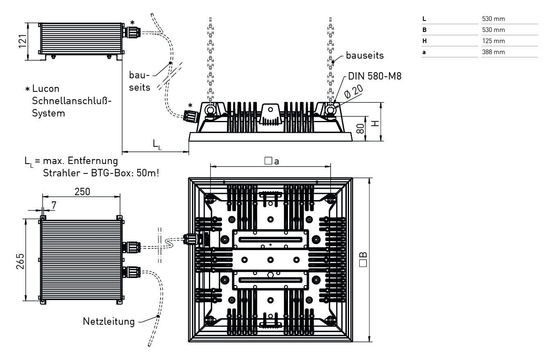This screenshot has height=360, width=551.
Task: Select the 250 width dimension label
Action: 82,191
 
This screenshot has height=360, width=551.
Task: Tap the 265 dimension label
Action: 20,261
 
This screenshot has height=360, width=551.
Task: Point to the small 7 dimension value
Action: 54,204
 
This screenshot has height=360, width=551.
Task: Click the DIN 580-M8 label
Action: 374,76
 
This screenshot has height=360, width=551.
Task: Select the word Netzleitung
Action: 109,321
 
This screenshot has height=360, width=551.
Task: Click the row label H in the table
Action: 424,41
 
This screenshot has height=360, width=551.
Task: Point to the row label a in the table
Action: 424,52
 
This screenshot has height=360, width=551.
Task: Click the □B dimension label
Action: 363,260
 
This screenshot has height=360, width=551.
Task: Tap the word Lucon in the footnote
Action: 45,89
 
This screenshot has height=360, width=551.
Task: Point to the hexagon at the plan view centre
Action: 270,275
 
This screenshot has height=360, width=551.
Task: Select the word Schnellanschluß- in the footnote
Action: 72,101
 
